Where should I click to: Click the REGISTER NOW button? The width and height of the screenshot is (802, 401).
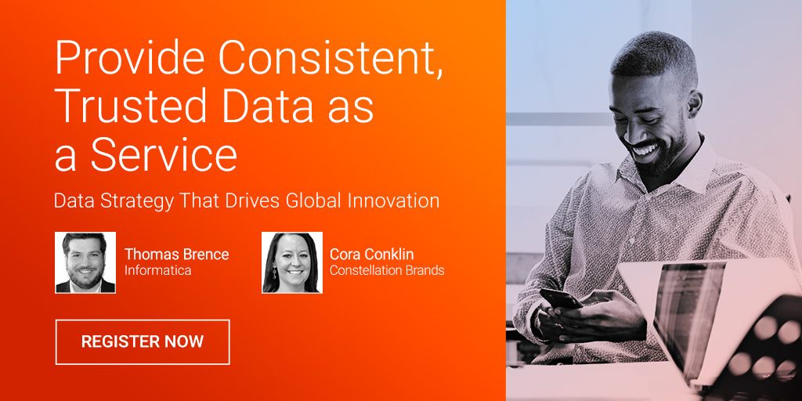click(x=143, y=341)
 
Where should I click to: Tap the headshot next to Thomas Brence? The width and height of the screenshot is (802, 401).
click(x=85, y=262)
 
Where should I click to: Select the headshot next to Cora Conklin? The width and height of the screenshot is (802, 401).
click(x=292, y=262)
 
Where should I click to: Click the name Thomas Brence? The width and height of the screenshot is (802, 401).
click(x=176, y=255)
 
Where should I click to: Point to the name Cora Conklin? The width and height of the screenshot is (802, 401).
click(x=371, y=255)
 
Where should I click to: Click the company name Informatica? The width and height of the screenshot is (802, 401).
click(x=157, y=270)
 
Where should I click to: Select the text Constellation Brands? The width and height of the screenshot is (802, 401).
click(x=387, y=270)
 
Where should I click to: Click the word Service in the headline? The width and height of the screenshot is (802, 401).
click(x=164, y=155)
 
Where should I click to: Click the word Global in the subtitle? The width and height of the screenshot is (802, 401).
click(x=313, y=200)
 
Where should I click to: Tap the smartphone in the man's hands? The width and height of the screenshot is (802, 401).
click(x=561, y=298)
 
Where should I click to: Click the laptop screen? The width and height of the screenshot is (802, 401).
click(x=688, y=312)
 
